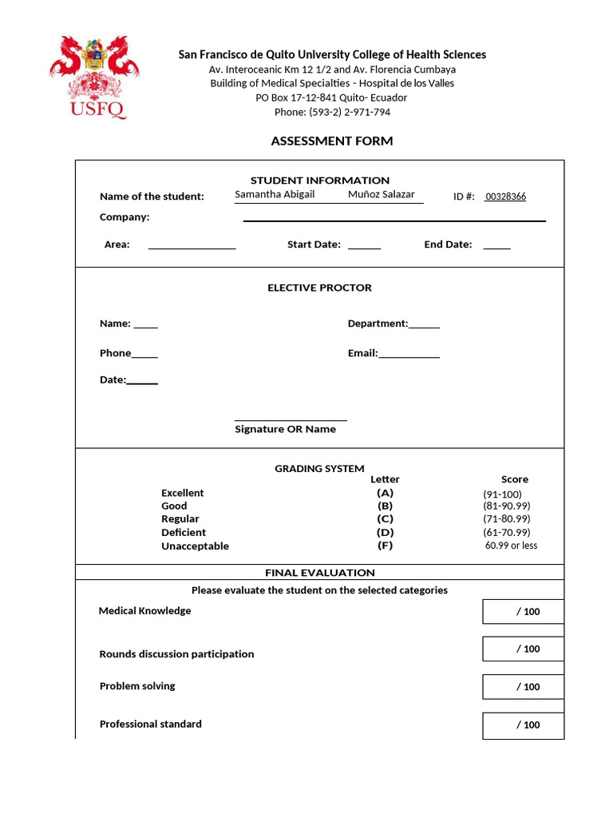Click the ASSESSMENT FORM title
pos(332,141)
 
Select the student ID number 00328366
pos(505,197)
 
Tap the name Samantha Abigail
pos(275,194)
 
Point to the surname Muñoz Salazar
pos(382,194)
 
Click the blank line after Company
pos(394,219)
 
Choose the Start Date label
pos(314,244)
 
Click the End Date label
pos(448,244)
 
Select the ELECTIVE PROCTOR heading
pos(319,288)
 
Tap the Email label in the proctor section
pos(362,353)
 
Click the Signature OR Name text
pos(285,429)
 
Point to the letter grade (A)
pos(386,493)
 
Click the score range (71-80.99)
pos(506,519)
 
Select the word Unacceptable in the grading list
pos(195,546)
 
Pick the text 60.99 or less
pos(511,546)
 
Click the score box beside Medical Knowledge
pos(523,612)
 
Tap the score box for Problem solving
pos(523,687)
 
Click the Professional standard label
pos(150,724)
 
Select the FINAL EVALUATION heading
pos(319,573)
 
